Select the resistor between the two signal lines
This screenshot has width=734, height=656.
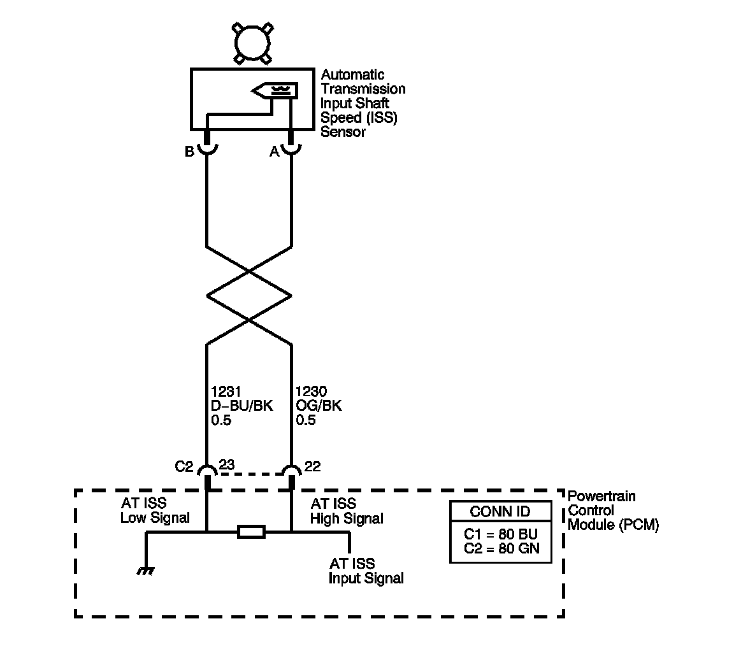(x=250, y=532)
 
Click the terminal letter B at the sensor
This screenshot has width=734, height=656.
(x=189, y=152)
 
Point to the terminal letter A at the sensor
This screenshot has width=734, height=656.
(x=275, y=152)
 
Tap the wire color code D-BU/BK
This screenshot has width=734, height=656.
(x=241, y=406)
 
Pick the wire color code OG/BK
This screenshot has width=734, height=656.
(x=319, y=406)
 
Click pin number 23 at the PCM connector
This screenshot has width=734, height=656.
(x=227, y=466)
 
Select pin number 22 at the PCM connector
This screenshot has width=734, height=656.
(x=312, y=466)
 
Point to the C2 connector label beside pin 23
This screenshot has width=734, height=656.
(x=183, y=467)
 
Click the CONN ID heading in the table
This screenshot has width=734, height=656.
(x=500, y=511)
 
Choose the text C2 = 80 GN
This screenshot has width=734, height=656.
(x=500, y=548)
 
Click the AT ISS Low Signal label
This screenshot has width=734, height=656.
(x=155, y=511)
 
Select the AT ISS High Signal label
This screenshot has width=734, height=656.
(x=346, y=511)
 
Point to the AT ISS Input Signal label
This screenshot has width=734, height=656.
(x=366, y=571)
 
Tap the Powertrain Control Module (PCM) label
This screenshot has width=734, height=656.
(x=612, y=510)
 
